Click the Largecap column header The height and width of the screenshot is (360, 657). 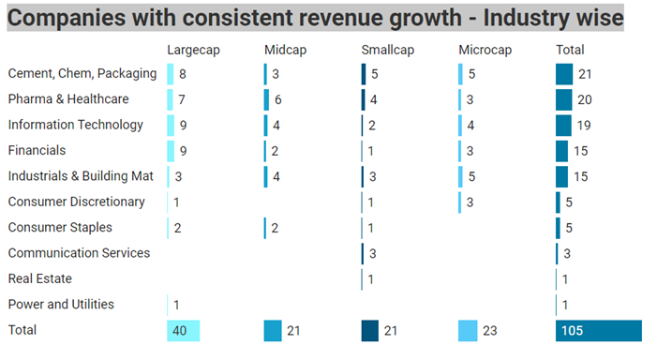click(193, 50)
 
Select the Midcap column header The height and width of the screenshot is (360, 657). click(285, 50)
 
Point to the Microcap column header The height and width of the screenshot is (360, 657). click(484, 50)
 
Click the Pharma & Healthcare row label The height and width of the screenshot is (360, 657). click(67, 99)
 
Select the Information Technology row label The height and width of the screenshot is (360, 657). click(75, 125)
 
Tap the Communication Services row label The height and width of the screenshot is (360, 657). click(79, 253)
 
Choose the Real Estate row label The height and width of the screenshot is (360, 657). click(39, 278)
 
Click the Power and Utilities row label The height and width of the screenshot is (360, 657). click(61, 304)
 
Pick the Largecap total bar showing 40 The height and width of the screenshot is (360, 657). click(184, 330)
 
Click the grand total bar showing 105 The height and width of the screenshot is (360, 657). click(598, 330)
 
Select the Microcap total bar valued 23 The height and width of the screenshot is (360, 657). click(474, 330)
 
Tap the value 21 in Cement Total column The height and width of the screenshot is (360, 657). click(585, 74)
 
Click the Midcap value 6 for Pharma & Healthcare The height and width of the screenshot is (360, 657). click(278, 99)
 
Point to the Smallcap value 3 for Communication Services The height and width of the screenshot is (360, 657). click(373, 253)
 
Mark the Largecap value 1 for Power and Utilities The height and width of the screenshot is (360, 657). click(177, 304)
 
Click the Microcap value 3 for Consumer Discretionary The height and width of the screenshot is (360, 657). click(470, 202)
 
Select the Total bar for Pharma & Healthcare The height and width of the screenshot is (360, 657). click(563, 99)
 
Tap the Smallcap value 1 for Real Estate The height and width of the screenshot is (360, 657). click(372, 278)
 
